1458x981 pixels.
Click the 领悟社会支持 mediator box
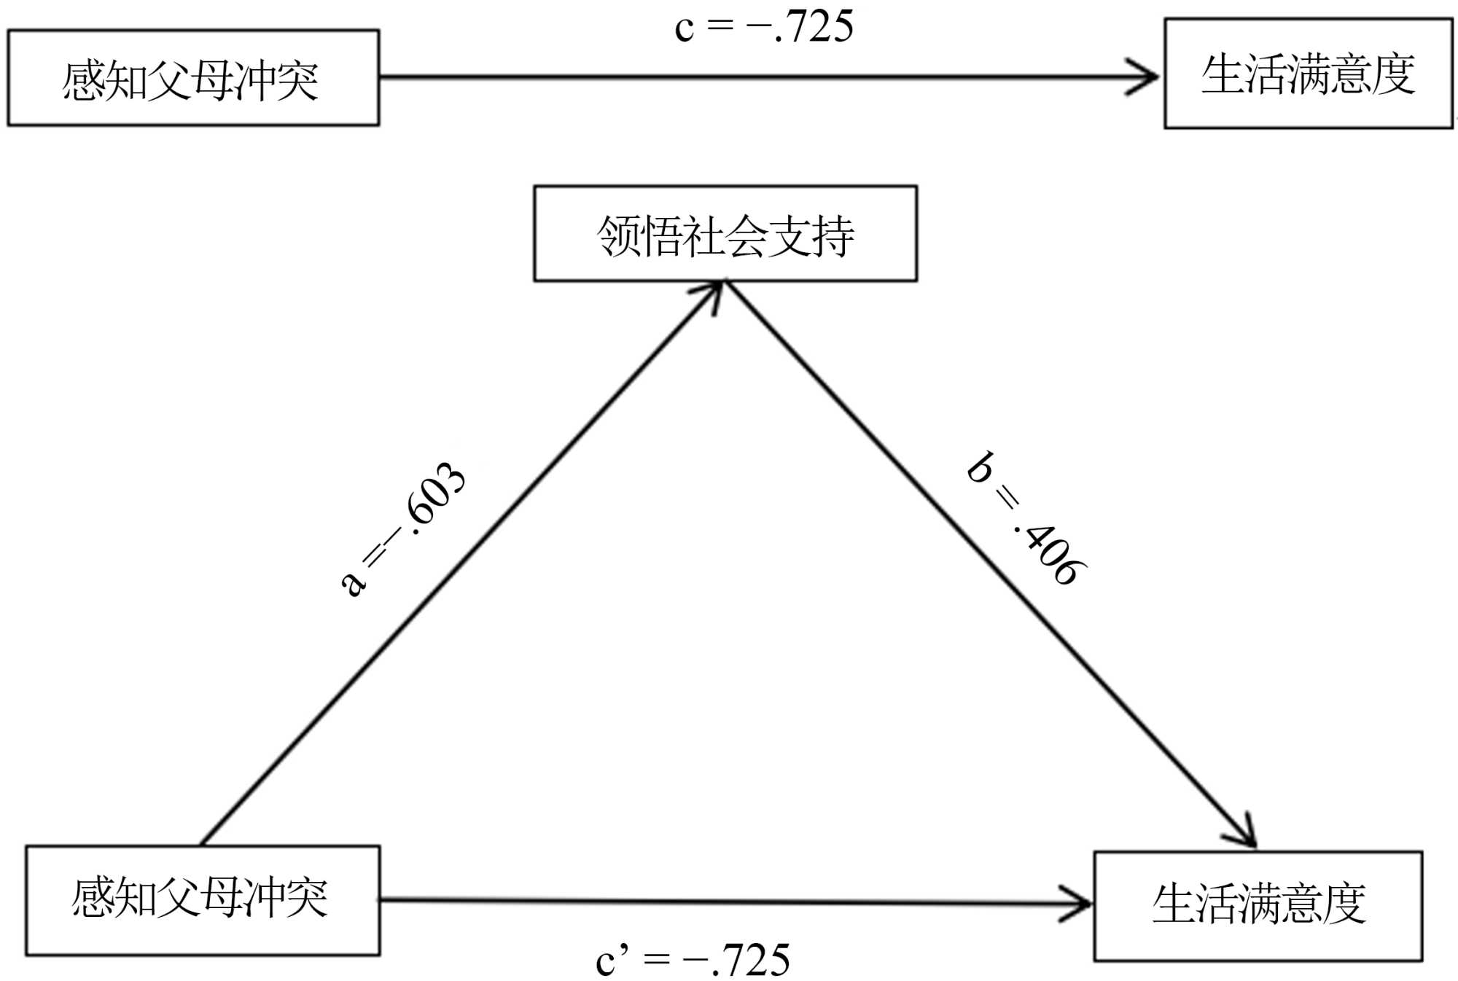pyautogui.click(x=725, y=233)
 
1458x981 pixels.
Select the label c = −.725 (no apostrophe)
pyautogui.click(x=763, y=28)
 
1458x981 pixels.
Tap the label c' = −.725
pyautogui.click(x=693, y=960)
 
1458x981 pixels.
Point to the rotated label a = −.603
pyautogui.click(x=403, y=528)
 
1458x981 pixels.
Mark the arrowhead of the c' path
pyautogui.click(x=1079, y=904)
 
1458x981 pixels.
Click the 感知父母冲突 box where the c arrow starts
pyautogui.click(x=193, y=78)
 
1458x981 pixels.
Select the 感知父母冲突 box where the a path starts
pyautogui.click(x=203, y=900)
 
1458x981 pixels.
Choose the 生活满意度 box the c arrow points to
pyautogui.click(x=1308, y=74)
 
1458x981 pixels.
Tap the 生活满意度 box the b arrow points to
pyautogui.click(x=1258, y=905)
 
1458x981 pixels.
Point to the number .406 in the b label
pyautogui.click(x=1050, y=550)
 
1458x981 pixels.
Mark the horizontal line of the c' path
pyautogui.click(x=729, y=902)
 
